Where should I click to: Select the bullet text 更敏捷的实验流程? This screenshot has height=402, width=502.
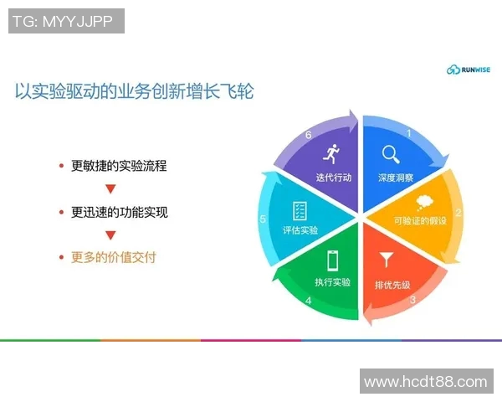[x=119, y=166]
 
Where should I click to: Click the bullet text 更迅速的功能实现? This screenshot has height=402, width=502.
[x=120, y=212]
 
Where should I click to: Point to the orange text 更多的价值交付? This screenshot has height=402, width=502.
[x=113, y=257]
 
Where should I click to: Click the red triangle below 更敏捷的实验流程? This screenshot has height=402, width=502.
[x=110, y=189]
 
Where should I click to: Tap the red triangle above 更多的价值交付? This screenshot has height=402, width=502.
[x=110, y=235]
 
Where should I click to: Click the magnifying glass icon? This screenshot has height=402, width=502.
[x=391, y=154]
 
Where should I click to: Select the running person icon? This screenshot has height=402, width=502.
[x=332, y=153]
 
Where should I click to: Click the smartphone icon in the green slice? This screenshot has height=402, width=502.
[x=332, y=259]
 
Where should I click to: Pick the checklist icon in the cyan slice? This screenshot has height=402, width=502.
[x=300, y=209]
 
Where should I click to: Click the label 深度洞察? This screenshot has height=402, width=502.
[x=395, y=178]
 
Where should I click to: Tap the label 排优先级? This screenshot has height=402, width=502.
[x=392, y=285]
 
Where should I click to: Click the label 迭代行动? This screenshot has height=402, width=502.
[x=334, y=178]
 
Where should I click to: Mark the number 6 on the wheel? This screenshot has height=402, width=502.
[x=309, y=135]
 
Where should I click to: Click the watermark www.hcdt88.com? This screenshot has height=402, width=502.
[x=425, y=381]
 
